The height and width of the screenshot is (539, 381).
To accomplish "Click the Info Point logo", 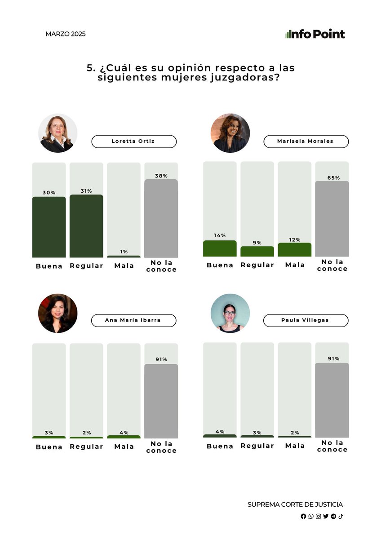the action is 315,34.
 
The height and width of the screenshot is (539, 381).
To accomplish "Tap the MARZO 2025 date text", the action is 66,34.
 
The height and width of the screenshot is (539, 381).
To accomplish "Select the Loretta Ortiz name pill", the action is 134,141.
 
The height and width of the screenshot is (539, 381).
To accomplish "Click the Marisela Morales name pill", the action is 306,141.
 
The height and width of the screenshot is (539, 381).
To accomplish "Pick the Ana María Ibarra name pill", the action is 133,321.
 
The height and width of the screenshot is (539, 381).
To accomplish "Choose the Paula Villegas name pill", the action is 306,321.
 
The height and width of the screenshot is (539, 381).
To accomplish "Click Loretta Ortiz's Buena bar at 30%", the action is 49,227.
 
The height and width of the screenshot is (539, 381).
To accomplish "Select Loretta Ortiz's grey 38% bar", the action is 161,218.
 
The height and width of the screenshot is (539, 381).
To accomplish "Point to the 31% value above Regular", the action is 86,191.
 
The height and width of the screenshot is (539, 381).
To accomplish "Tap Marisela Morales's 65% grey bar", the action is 332,219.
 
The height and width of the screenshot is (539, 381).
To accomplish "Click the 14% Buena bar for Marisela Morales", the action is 220,248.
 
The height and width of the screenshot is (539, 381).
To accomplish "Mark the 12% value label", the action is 295,240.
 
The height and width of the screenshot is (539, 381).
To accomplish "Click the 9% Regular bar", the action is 257,252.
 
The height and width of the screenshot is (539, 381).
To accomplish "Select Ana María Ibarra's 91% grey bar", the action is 161,401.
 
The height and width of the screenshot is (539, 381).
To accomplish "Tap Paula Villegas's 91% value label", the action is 333,358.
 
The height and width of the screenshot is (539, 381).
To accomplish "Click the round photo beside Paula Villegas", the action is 230,314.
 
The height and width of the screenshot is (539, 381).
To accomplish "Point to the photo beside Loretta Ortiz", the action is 58,133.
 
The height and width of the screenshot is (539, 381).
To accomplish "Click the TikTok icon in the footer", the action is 341,516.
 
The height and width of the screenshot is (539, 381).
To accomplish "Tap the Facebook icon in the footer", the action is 303,516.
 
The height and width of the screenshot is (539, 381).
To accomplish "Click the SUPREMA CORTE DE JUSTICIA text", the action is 295,504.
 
